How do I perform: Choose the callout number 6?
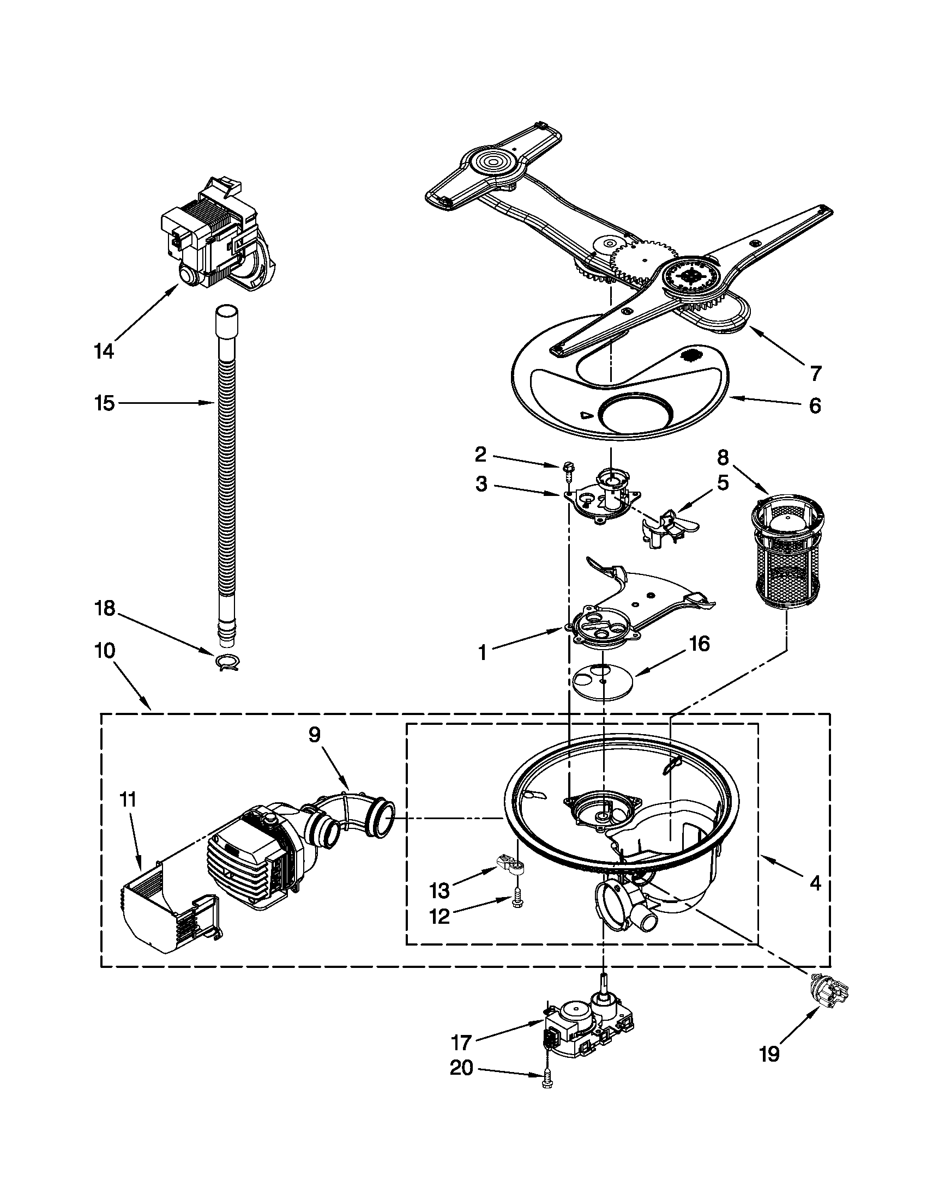click(x=815, y=405)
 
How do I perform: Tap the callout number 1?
click(x=482, y=653)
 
